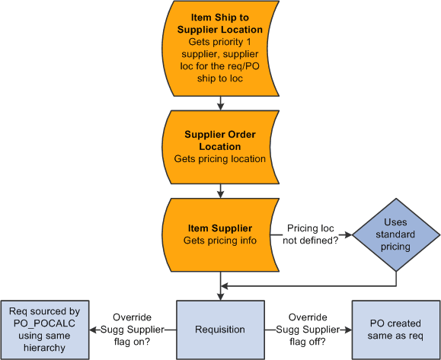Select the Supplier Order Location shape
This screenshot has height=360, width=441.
pos(219,147)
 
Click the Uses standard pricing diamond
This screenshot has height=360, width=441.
pos(396,234)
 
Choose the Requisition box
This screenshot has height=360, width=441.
pos(219,330)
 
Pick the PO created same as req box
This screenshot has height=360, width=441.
pos(395,330)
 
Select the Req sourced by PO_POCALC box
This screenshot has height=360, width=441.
pos(43,330)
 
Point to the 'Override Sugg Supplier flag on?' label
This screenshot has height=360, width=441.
pos(132,330)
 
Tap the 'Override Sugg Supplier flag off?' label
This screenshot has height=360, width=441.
pos(308,330)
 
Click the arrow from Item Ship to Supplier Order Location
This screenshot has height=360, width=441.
pos(219,102)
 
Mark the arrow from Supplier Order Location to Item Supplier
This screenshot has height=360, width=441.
pos(219,190)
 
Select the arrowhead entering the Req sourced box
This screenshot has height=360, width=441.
pos(92,330)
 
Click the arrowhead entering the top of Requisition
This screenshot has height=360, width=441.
pos(219,295)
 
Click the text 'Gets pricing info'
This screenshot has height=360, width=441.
pos(219,241)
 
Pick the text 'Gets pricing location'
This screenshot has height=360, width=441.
pos(219,159)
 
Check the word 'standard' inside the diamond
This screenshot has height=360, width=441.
pos(396,234)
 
